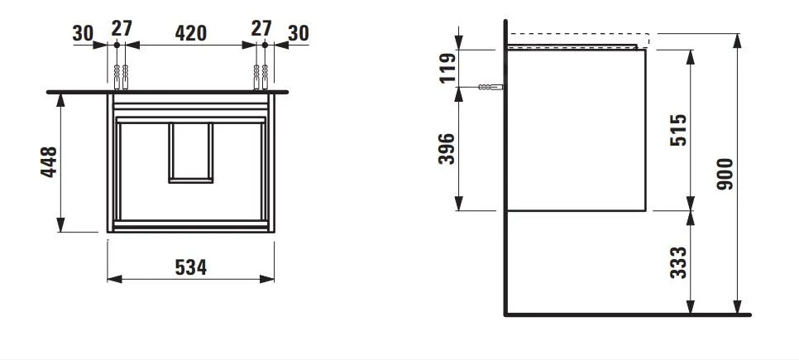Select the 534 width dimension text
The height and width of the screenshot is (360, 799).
(x=190, y=266)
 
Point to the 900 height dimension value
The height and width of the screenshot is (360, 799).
(x=725, y=175)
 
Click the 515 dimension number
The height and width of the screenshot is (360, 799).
(x=677, y=131)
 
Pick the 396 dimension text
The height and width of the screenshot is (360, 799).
(x=447, y=149)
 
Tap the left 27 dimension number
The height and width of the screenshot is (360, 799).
(x=122, y=27)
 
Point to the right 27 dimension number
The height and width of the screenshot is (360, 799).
(x=261, y=27)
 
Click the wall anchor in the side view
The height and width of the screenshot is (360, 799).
(x=490, y=87)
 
